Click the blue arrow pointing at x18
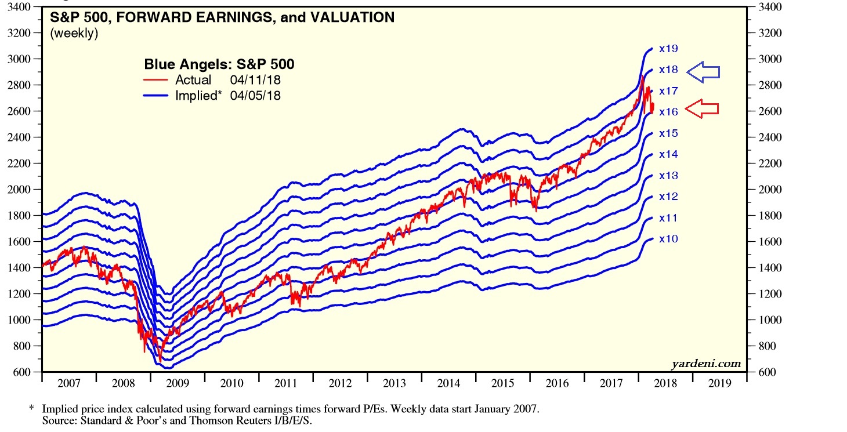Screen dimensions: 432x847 tap(703, 72)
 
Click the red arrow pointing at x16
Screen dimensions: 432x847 tap(702, 108)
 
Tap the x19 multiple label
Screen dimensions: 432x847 tap(668, 49)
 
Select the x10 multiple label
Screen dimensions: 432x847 tap(668, 239)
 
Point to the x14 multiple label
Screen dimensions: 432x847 tap(668, 154)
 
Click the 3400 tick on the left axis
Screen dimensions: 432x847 tap(22, 7)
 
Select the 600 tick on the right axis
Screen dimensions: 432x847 tap(765, 372)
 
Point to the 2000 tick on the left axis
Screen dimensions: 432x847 tap(22, 190)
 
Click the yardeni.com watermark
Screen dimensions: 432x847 tap(706, 364)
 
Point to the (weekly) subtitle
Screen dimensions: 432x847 tap(74, 34)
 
